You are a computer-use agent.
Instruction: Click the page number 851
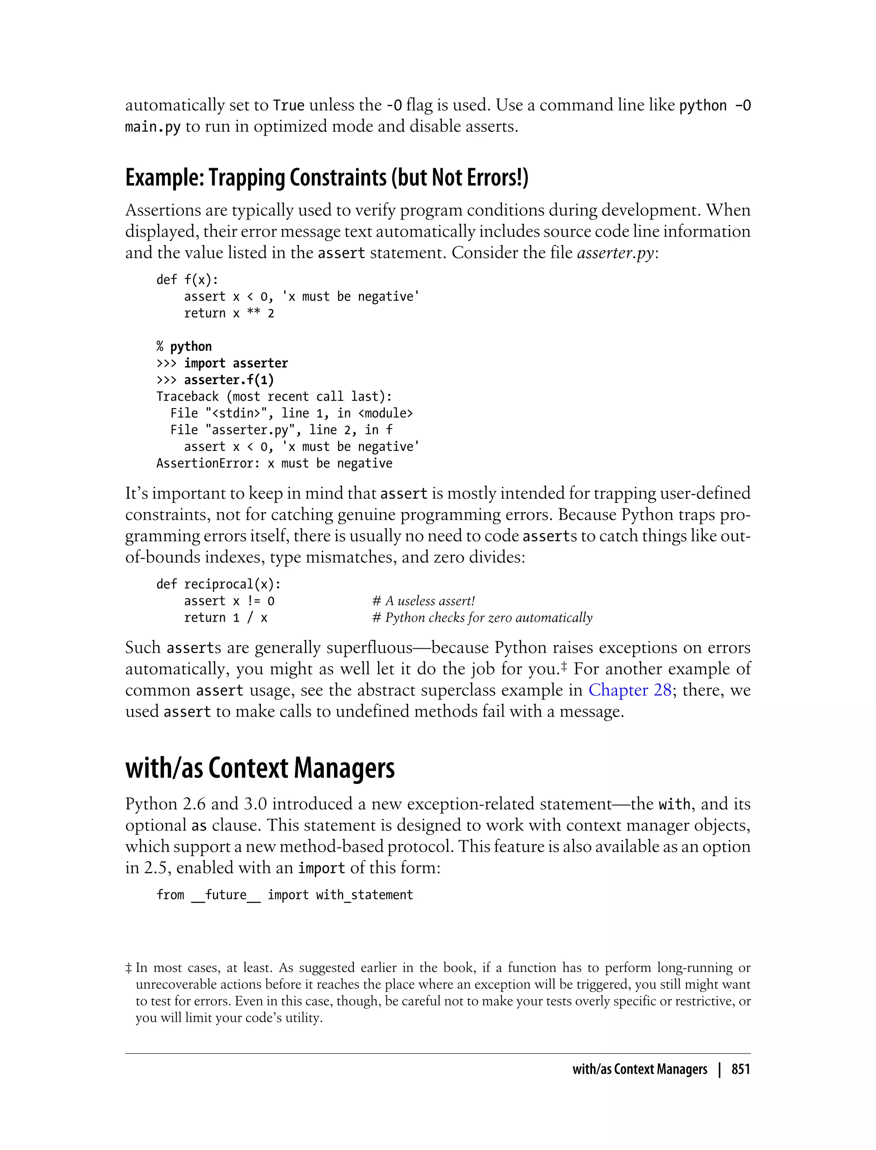click(x=740, y=1069)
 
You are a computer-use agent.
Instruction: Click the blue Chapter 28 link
click(x=629, y=690)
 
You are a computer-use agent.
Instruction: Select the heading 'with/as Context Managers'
click(x=260, y=768)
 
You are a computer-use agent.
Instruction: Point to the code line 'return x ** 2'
click(x=229, y=314)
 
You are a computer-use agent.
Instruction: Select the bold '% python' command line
click(x=184, y=347)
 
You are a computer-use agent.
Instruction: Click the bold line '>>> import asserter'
click(x=222, y=364)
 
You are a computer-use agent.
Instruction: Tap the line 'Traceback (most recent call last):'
click(x=274, y=397)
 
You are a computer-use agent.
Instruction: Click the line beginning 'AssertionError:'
click(x=274, y=464)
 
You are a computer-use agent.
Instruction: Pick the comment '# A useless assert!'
click(x=423, y=602)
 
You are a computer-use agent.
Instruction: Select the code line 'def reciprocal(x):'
click(x=219, y=585)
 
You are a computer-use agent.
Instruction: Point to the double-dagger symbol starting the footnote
click(x=128, y=969)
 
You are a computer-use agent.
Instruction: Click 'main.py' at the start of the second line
click(x=152, y=127)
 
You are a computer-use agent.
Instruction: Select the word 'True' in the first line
click(x=288, y=106)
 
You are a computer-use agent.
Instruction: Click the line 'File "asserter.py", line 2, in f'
click(x=281, y=430)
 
